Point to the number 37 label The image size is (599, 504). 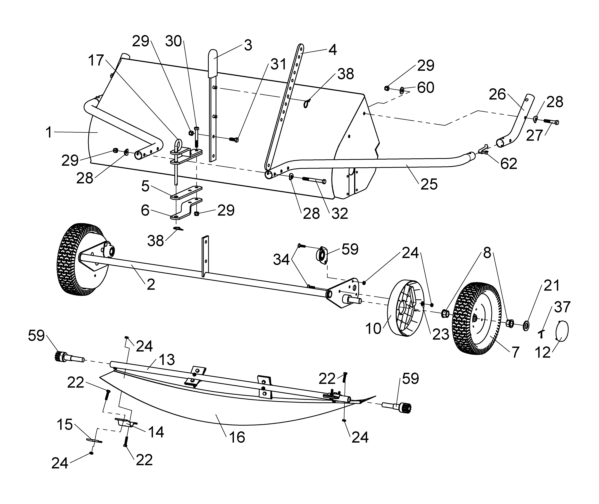(x=562, y=307)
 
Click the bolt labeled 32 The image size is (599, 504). (x=314, y=180)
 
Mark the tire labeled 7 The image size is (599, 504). (x=476, y=319)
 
